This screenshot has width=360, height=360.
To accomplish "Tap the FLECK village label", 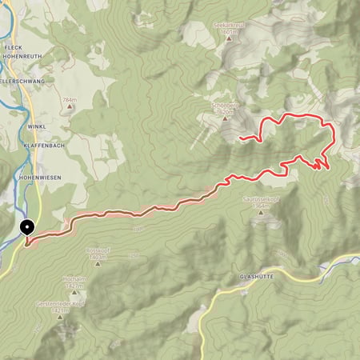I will pos(11,46).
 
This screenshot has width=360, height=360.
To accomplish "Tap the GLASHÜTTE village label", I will pos(258,276).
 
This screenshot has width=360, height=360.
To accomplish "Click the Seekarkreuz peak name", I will pos(228,26).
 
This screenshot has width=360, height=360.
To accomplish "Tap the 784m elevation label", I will pos(69,100).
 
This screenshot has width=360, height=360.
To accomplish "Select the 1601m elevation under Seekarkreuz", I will pos(227,33).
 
